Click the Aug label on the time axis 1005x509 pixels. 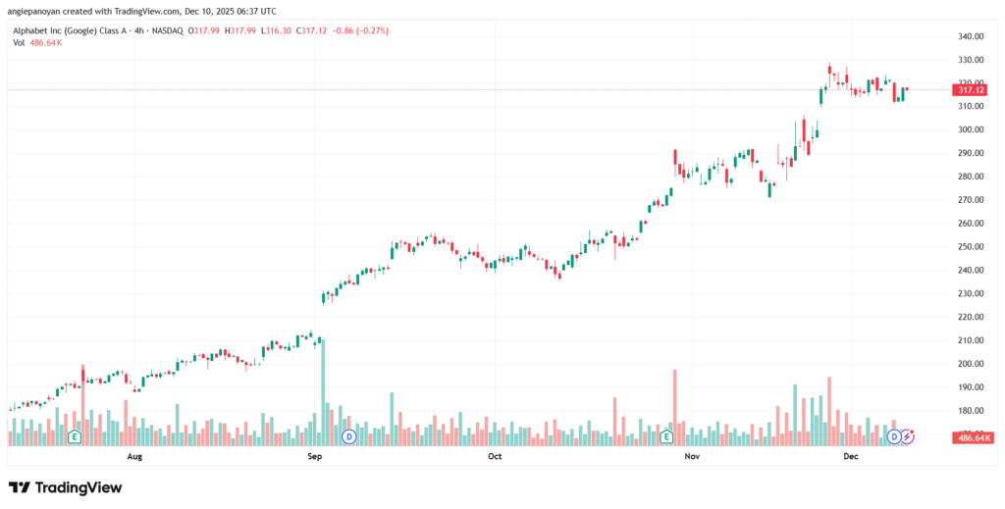135,456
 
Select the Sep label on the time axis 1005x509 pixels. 315,456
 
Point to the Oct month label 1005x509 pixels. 495,456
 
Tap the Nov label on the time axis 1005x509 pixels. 692,456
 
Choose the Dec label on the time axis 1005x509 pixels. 850,456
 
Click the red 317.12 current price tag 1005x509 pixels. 971,90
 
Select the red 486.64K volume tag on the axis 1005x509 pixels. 973,437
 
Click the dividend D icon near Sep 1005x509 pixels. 346,435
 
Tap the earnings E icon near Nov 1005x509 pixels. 666,435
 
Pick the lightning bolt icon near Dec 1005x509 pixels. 908,435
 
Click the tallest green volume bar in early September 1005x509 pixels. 322,387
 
